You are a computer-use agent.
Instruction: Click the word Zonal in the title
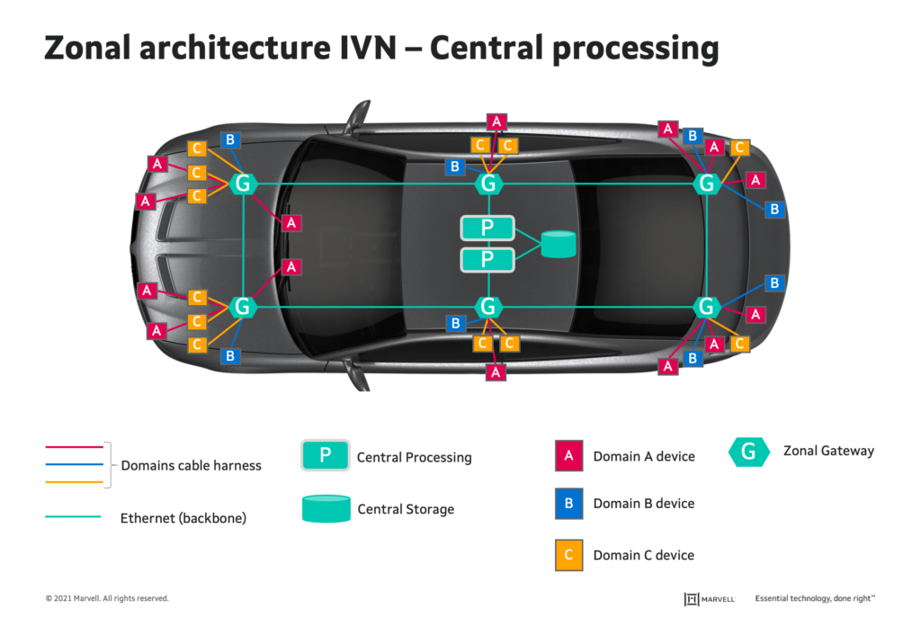click(x=87, y=48)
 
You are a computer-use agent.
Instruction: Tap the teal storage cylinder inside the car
click(x=558, y=244)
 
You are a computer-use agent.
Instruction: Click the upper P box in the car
click(x=487, y=228)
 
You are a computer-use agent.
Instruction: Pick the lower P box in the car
click(x=487, y=259)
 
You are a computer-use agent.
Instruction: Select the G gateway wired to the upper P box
click(x=488, y=184)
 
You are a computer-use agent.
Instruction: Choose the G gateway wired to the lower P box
click(x=488, y=307)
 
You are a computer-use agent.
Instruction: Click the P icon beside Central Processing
click(x=326, y=455)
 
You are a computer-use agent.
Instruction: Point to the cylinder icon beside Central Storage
click(x=326, y=509)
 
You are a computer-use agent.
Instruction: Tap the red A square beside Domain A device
click(x=568, y=455)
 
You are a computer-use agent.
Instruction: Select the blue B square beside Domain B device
click(x=568, y=504)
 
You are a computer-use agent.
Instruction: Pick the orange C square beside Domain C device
click(x=568, y=555)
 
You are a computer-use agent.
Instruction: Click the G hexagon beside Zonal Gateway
click(x=749, y=452)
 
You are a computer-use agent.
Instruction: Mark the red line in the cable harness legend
click(x=74, y=447)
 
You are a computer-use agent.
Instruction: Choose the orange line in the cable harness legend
click(x=74, y=482)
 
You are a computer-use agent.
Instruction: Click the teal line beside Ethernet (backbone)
click(x=74, y=517)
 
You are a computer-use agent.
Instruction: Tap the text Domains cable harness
click(x=191, y=465)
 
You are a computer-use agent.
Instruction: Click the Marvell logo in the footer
click(x=710, y=599)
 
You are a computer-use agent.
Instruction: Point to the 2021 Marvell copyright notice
click(x=107, y=598)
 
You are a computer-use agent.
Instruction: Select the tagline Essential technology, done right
click(x=815, y=598)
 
